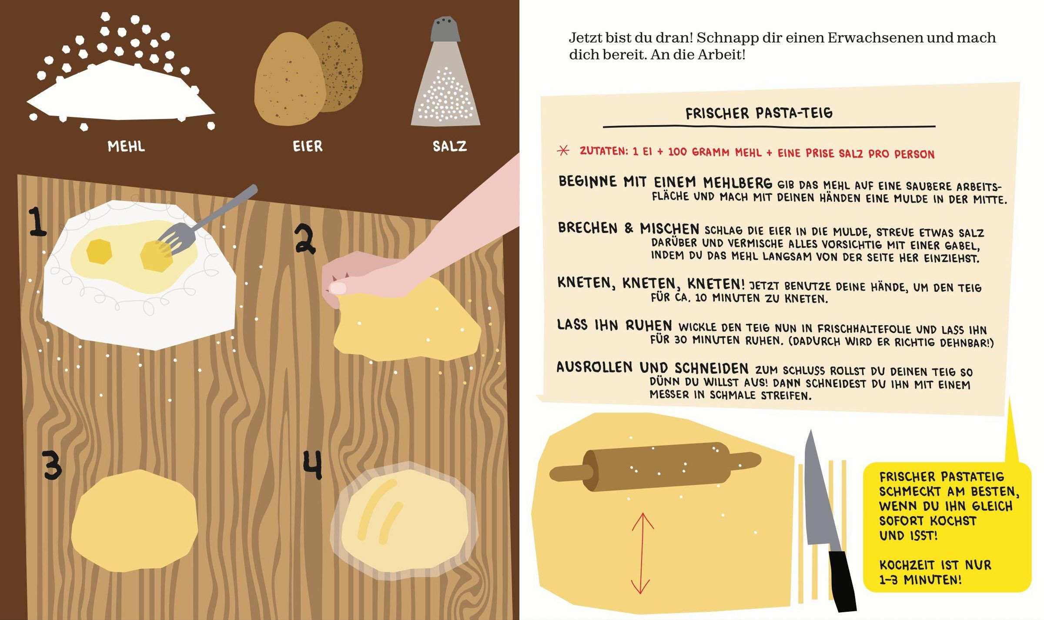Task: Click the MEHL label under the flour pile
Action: (x=126, y=146)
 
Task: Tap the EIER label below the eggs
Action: (x=308, y=146)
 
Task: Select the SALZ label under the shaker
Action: (x=449, y=146)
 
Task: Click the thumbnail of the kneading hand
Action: (x=338, y=287)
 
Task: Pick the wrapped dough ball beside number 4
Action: (x=404, y=520)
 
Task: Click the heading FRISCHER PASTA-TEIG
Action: (x=759, y=113)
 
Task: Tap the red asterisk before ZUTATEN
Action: (x=563, y=150)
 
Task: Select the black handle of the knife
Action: (x=842, y=581)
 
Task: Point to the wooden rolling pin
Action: (x=655, y=467)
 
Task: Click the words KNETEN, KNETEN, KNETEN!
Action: (x=651, y=283)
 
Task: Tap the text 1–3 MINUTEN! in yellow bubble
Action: (x=920, y=580)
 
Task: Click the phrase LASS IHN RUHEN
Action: (x=615, y=325)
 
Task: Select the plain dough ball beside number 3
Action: (x=134, y=521)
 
